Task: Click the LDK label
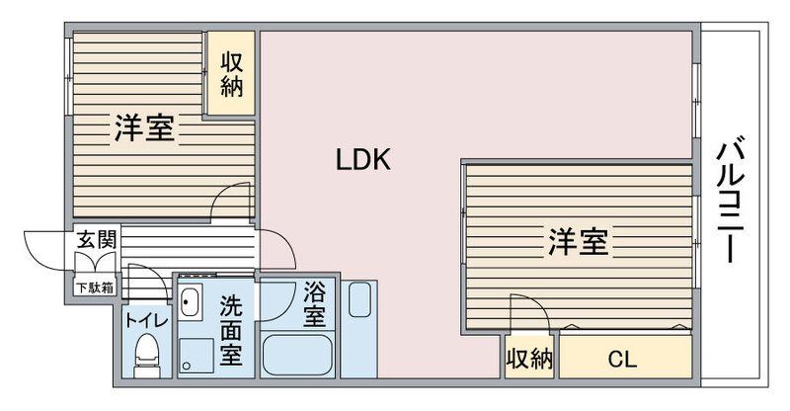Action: click(x=362, y=160)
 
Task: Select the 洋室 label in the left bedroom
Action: click(x=144, y=128)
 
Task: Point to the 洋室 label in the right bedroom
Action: click(x=578, y=241)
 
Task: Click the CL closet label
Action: click(x=622, y=359)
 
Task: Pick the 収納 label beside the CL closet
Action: click(x=529, y=359)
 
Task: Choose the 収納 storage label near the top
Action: click(x=232, y=74)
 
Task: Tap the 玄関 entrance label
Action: click(x=96, y=239)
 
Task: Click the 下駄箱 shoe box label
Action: click(x=94, y=288)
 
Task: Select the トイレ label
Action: click(x=146, y=321)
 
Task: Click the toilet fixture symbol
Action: click(x=146, y=355)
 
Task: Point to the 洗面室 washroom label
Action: click(x=231, y=330)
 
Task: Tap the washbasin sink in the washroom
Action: click(x=191, y=302)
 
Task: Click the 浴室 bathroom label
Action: click(x=314, y=304)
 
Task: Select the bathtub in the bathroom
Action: click(x=297, y=355)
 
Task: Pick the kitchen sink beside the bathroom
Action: click(x=359, y=299)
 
